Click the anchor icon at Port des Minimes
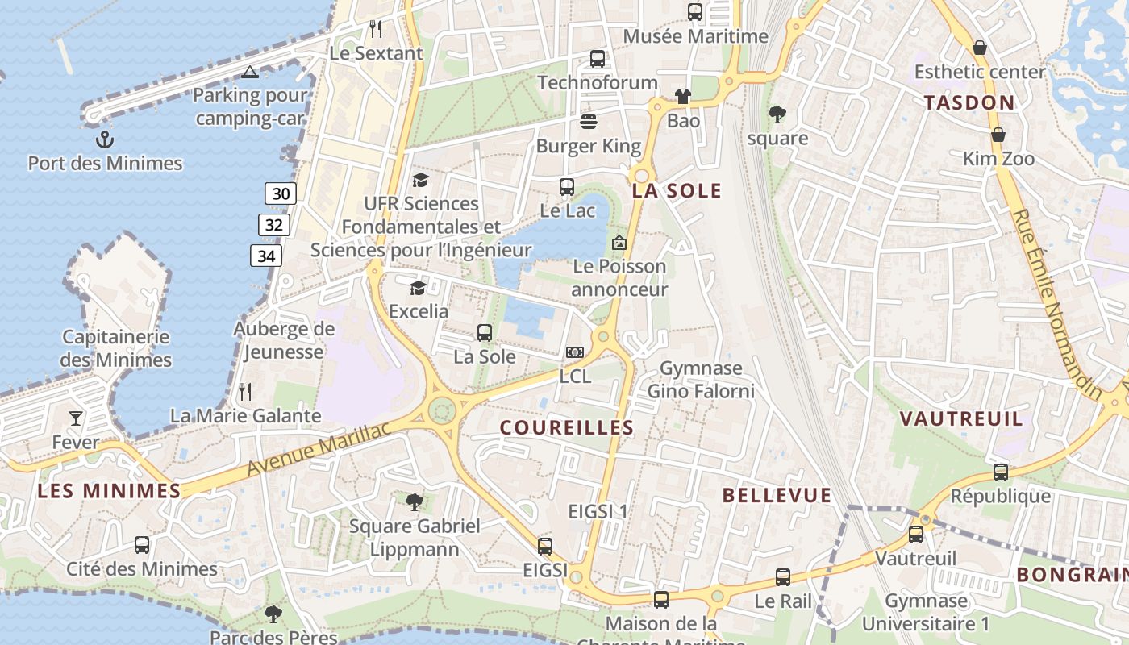(105, 140)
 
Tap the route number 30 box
(281, 193)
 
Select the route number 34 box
(266, 256)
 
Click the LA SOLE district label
(677, 191)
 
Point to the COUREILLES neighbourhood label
(567, 427)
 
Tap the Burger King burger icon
(589, 122)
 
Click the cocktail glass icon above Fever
(76, 418)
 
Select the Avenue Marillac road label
(319, 449)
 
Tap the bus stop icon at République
(1001, 472)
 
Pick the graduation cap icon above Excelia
(418, 288)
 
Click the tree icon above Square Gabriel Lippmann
(415, 502)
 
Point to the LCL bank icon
(575, 352)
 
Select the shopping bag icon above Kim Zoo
(998, 135)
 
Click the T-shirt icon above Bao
(683, 97)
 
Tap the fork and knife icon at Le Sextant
(376, 29)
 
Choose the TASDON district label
(969, 102)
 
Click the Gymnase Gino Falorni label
(701, 380)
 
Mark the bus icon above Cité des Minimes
(142, 545)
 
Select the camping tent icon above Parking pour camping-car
(250, 73)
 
